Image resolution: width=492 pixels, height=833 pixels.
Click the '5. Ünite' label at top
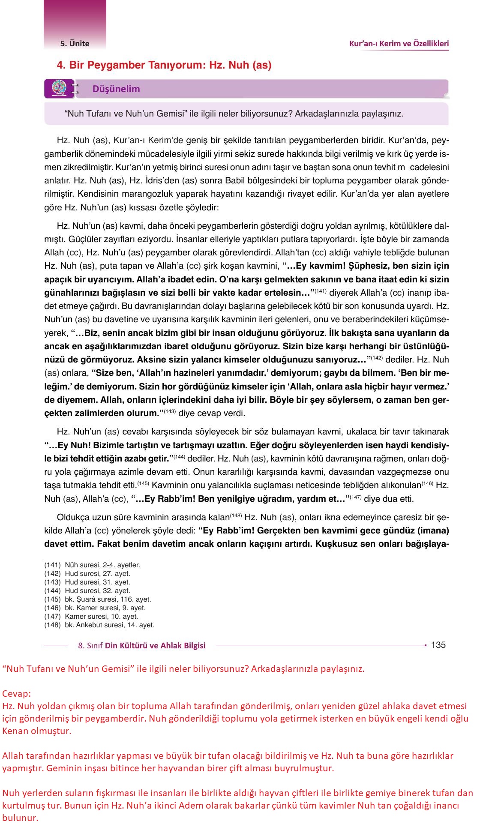click(x=75, y=43)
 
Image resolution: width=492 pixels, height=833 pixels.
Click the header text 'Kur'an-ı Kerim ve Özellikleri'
click(x=399, y=43)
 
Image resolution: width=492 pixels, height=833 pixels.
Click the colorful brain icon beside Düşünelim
click(x=58, y=88)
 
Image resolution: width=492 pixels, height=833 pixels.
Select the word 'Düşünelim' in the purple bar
click(x=116, y=89)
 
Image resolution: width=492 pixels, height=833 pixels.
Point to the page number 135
click(x=438, y=645)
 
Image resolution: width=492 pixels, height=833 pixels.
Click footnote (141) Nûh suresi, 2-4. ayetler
click(x=92, y=565)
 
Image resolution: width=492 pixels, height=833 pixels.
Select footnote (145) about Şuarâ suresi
click(x=98, y=599)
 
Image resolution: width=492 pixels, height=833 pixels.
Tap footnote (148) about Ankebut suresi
click(x=99, y=625)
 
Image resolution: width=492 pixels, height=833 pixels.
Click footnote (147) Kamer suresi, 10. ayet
click(x=91, y=616)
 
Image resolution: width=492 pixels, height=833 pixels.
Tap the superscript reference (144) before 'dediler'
click(x=179, y=457)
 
